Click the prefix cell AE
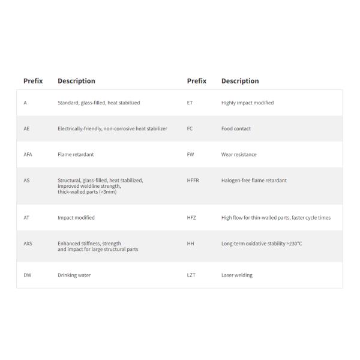[x=26, y=129]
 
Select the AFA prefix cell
[x=28, y=155]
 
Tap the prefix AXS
[x=28, y=244]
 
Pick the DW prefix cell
[x=27, y=275]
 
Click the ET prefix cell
[x=190, y=103]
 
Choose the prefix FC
[x=190, y=129]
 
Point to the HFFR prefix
[x=193, y=180]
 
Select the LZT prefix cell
[x=191, y=275]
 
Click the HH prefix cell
[x=190, y=244]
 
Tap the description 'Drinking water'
[x=74, y=275]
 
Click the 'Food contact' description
[x=236, y=129]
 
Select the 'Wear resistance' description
[x=239, y=155]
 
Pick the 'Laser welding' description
[x=237, y=275]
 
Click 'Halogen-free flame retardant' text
[x=254, y=180]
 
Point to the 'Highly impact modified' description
[x=247, y=103]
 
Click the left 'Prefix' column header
[x=33, y=81]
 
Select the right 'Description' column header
[x=240, y=81]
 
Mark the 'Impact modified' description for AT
[x=76, y=218]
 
